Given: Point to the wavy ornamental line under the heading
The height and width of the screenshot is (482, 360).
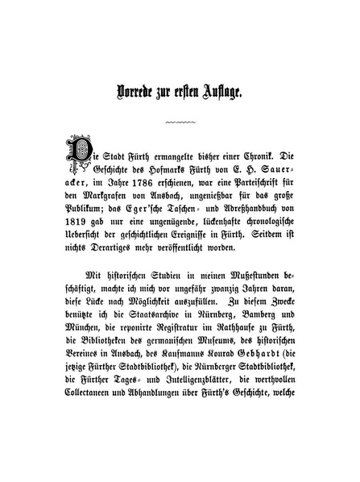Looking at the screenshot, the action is [x=180, y=122].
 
